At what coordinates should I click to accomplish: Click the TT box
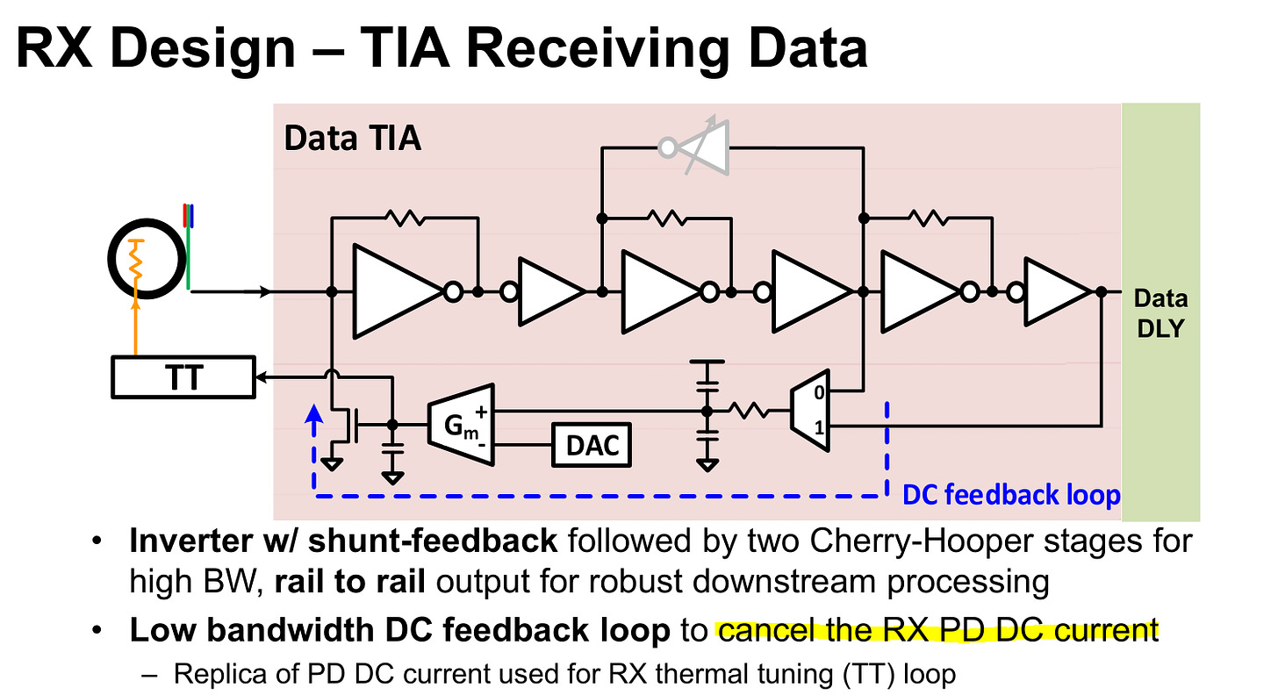pos(183,377)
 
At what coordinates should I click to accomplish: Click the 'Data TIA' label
pos(352,139)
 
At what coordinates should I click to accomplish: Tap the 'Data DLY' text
pos(1160,312)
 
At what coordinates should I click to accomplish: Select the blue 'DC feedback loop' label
pos(1011,496)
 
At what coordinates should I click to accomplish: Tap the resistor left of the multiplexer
pos(751,410)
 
